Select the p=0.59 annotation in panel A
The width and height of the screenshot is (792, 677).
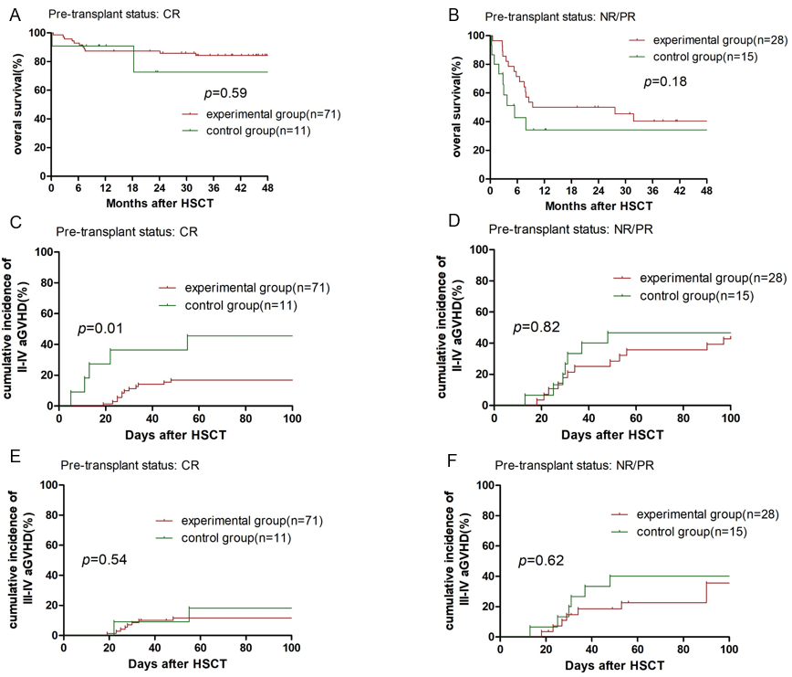[224, 92]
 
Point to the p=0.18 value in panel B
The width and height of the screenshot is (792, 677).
[664, 81]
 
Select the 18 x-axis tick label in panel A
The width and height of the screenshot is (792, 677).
[132, 186]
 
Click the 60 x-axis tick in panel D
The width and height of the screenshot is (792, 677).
[635, 418]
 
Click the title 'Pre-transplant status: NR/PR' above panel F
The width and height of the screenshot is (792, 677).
[578, 462]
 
